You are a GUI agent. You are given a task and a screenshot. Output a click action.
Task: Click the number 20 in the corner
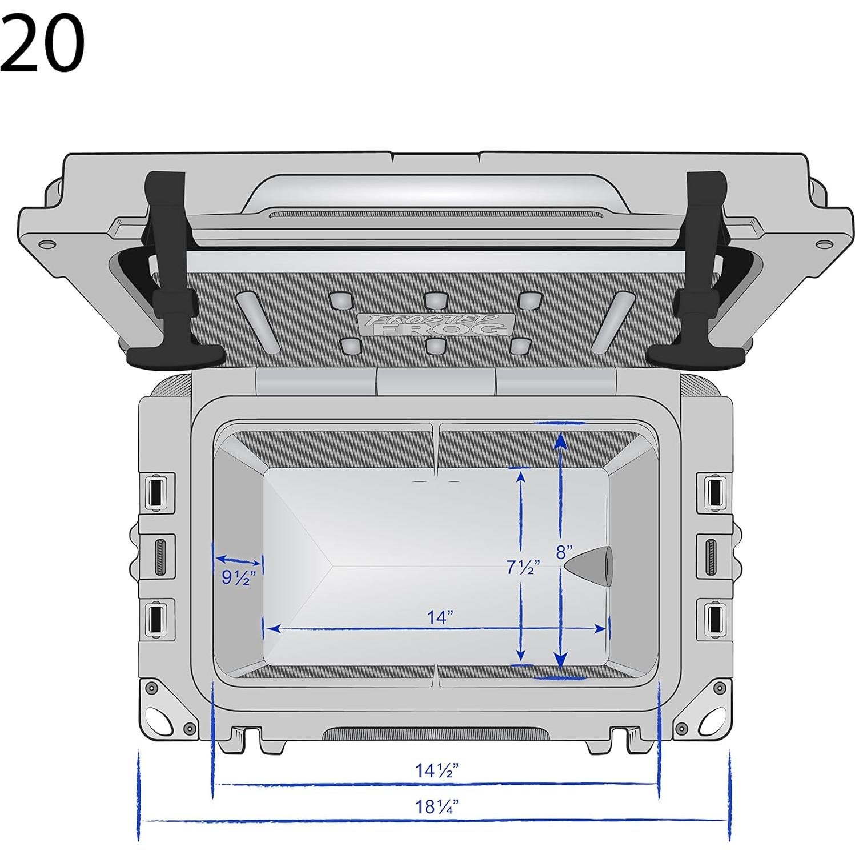coord(43,43)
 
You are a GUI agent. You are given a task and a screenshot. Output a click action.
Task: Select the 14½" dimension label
coord(437,770)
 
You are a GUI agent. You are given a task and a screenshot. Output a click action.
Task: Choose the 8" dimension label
coord(564,552)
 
